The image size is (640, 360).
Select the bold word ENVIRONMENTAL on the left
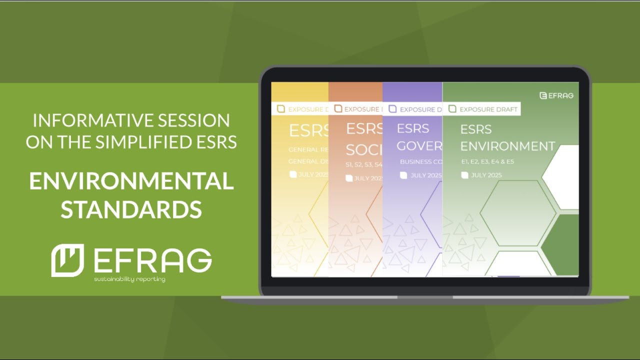tap(131, 181)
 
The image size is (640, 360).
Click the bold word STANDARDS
tap(131, 209)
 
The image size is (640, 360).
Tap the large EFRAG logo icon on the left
tap(67, 260)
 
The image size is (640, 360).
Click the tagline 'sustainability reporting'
tap(129, 279)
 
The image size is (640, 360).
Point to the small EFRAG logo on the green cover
tap(556, 95)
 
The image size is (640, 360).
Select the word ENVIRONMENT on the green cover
tap(507, 146)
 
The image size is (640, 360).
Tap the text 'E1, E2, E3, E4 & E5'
tap(487, 162)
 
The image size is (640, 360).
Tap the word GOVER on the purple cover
tap(419, 145)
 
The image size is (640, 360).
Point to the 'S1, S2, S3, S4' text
tap(364, 164)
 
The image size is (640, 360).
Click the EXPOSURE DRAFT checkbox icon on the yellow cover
tap(280, 109)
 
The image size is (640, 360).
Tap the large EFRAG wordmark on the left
tap(152, 260)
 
